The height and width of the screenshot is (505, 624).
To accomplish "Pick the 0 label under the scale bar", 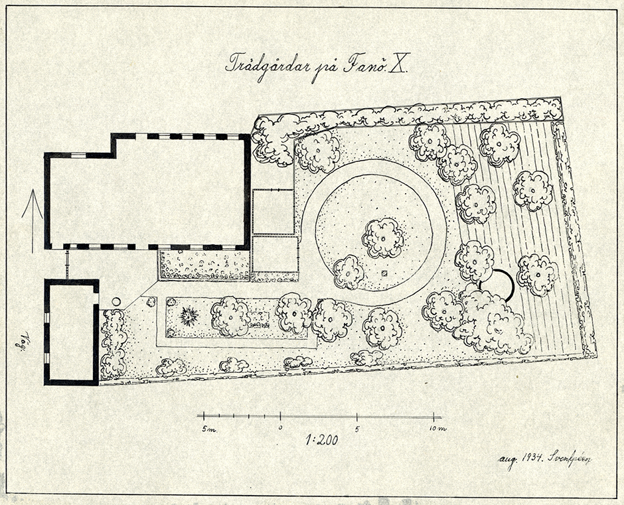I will point(280,428).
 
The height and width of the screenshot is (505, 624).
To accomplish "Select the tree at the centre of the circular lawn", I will point(383,238).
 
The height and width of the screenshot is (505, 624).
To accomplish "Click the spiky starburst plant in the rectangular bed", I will point(189,317).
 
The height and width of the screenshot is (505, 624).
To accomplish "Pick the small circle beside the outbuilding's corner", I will point(117,302).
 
